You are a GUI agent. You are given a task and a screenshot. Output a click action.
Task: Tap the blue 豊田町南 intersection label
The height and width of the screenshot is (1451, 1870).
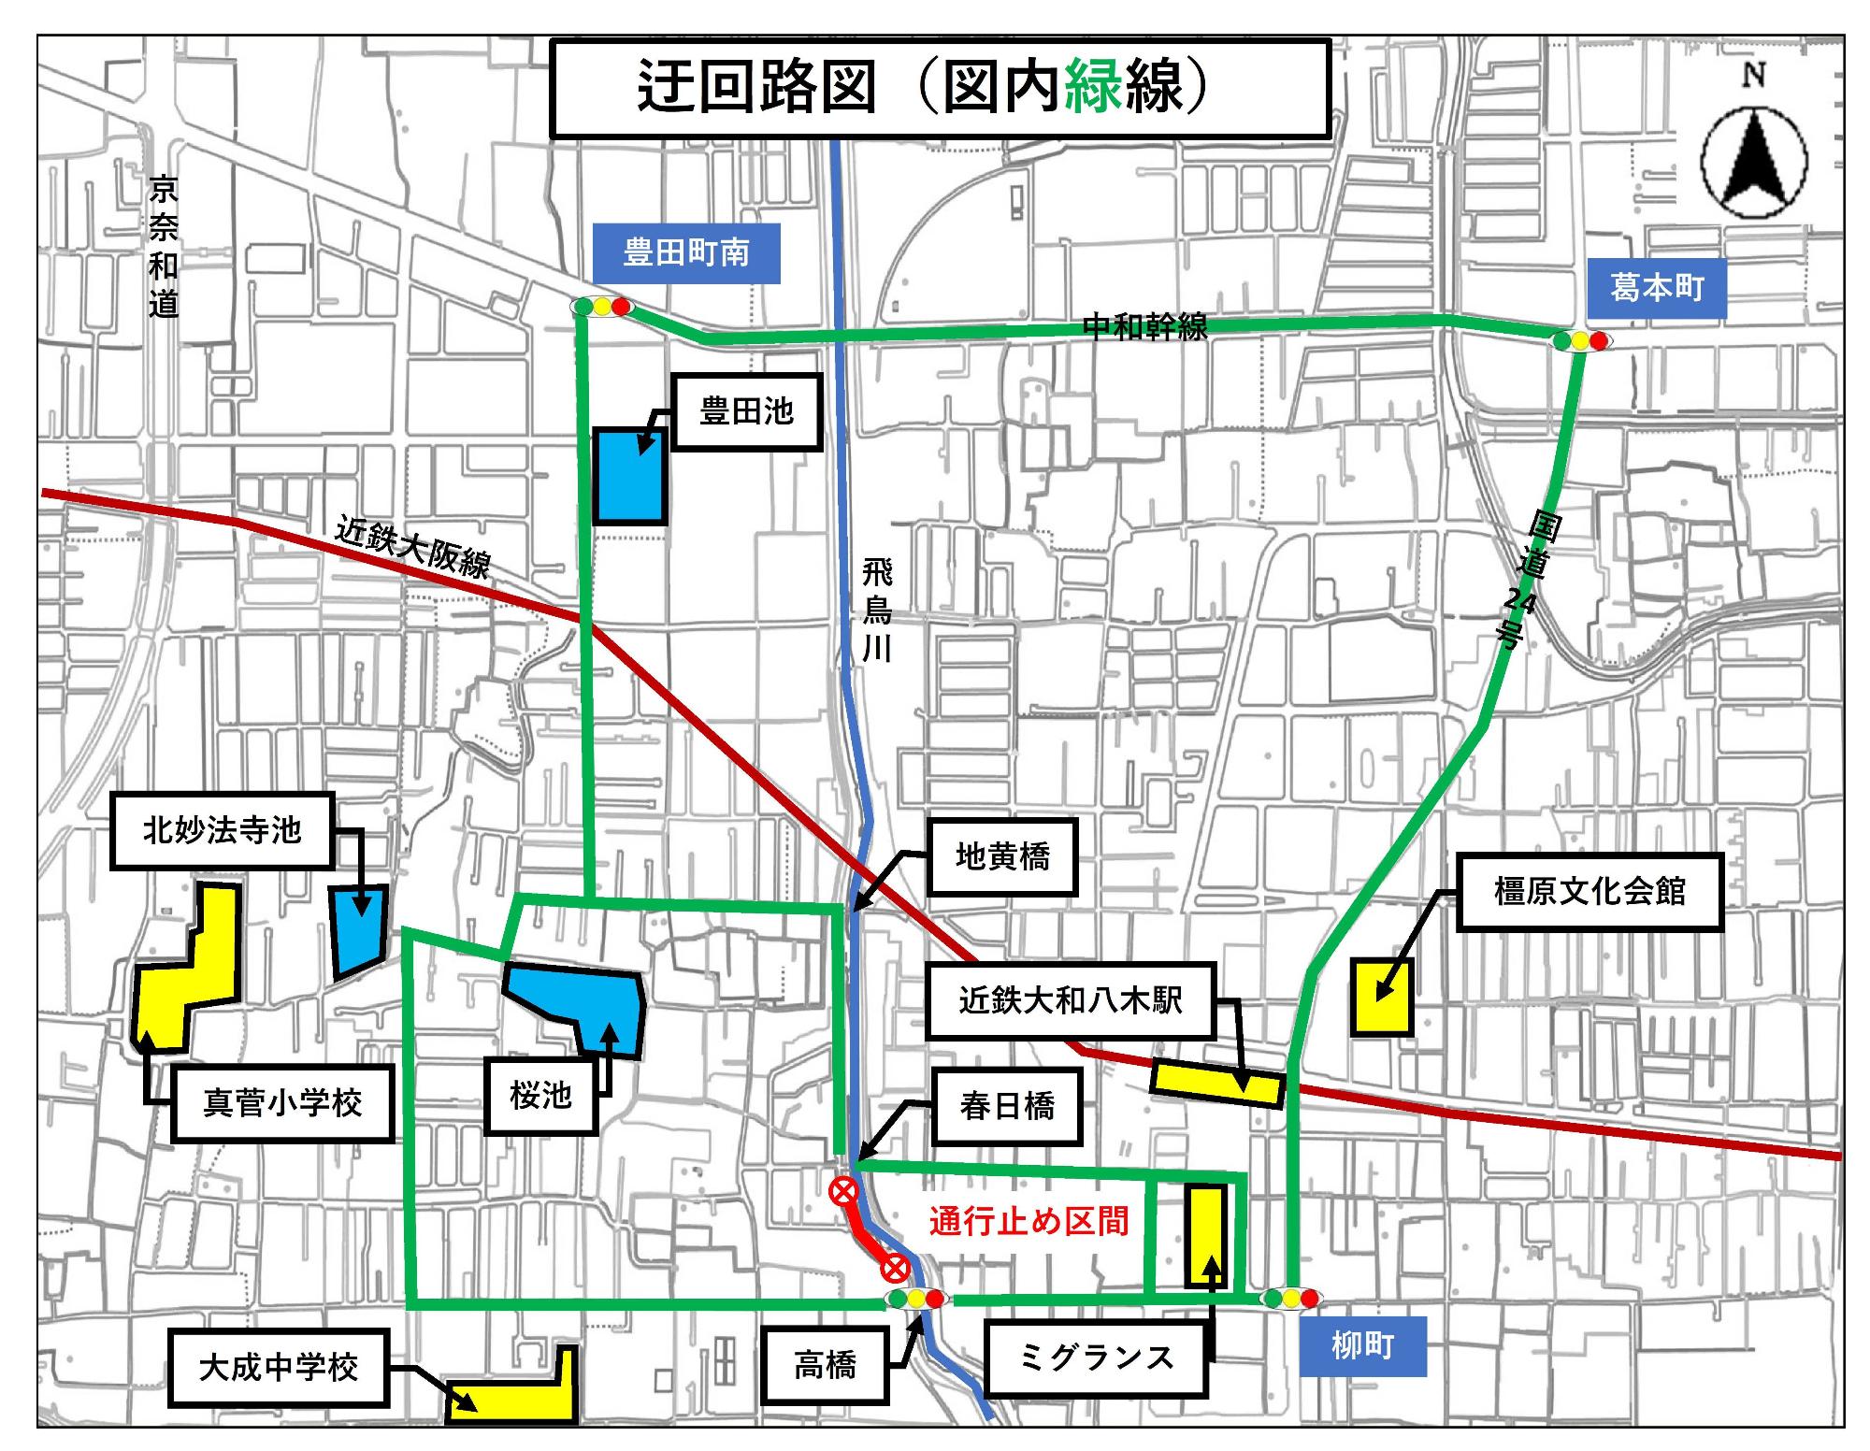pos(686,252)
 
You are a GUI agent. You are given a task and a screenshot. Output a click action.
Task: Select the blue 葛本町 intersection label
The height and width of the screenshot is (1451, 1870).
pos(1656,287)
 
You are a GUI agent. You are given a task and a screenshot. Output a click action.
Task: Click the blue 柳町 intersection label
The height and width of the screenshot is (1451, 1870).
pos(1362,1345)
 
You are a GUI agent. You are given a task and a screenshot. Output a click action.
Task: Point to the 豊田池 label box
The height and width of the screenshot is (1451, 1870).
pos(746,411)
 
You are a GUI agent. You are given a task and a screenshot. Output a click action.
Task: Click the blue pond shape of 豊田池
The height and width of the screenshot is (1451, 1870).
pos(630,475)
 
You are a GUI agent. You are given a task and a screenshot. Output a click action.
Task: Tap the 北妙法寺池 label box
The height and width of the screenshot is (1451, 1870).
pos(223,830)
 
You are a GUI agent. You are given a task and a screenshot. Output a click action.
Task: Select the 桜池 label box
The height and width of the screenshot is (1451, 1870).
pos(540,1095)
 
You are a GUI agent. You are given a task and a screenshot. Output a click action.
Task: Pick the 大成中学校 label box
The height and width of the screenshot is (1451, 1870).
pos(279,1368)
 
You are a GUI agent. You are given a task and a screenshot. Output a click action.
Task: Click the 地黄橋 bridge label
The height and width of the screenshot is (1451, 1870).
pos(1002,856)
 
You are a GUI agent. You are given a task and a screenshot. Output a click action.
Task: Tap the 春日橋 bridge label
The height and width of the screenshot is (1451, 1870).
pos(1006,1107)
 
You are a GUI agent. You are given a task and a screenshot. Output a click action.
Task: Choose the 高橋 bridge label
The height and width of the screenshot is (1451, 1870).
pos(825,1366)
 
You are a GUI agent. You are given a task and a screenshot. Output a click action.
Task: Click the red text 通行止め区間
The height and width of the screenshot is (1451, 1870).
pos(1028,1221)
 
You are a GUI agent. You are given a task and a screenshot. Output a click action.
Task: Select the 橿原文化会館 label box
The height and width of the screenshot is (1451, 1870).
pos(1589,891)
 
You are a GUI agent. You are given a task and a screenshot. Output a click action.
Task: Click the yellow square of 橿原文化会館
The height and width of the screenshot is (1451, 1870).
pos(1382,996)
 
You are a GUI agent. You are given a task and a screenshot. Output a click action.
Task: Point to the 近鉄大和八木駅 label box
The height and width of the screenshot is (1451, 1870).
pos(1070,1000)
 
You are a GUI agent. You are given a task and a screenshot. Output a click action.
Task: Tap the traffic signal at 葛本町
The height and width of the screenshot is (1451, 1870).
pos(1580,341)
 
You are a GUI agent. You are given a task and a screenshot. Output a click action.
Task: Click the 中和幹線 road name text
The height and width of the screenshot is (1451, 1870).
pos(1144,326)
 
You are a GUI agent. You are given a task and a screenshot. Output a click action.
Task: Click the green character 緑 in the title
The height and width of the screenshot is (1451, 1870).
pos(1094,87)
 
